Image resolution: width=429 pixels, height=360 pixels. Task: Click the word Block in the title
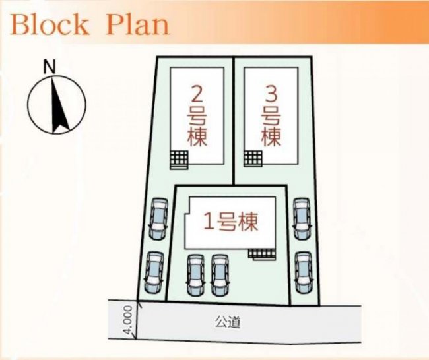click(49, 24)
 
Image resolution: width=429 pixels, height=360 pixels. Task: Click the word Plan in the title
click(137, 24)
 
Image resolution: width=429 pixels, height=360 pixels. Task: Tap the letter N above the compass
click(49, 67)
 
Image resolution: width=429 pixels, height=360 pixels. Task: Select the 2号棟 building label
click(197, 118)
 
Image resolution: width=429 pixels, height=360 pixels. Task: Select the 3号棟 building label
click(271, 118)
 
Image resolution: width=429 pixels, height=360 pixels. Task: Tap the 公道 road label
click(228, 322)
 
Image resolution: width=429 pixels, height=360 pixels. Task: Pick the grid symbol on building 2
click(179, 160)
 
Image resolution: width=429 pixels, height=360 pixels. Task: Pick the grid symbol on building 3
click(253, 158)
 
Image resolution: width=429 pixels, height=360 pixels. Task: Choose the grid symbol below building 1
click(261, 254)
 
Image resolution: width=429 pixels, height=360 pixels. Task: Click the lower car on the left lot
click(154, 272)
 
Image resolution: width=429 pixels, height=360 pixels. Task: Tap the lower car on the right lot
click(304, 272)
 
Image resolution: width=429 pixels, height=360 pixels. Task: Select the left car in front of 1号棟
click(195, 275)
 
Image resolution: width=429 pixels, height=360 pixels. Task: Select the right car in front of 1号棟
click(220, 275)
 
